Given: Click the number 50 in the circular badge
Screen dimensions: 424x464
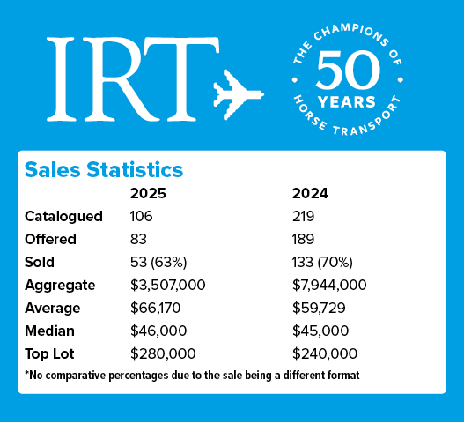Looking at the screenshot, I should [x=346, y=69].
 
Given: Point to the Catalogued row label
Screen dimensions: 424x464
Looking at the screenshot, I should [x=63, y=216].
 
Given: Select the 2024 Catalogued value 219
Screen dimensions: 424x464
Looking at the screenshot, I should [x=304, y=216].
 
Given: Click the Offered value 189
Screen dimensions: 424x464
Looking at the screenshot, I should [x=304, y=239].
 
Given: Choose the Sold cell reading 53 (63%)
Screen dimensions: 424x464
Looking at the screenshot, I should [x=161, y=262].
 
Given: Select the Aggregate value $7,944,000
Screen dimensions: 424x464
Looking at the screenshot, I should [x=330, y=285].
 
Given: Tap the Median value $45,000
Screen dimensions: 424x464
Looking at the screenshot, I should [x=320, y=331].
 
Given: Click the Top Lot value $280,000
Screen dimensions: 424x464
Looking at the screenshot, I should [x=162, y=353].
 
